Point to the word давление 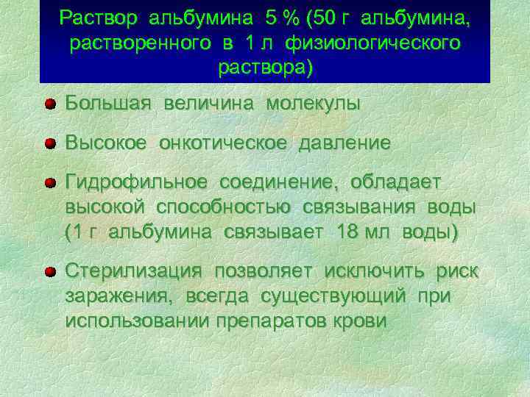pyautogui.click(x=344, y=143)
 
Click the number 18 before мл pyautogui.click(x=348, y=233)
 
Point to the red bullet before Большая pyautogui.click(x=49, y=104)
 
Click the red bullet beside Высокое pyautogui.click(x=49, y=143)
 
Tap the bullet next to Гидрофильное pyautogui.click(x=49, y=182)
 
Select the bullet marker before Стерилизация pyautogui.click(x=49, y=272)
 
